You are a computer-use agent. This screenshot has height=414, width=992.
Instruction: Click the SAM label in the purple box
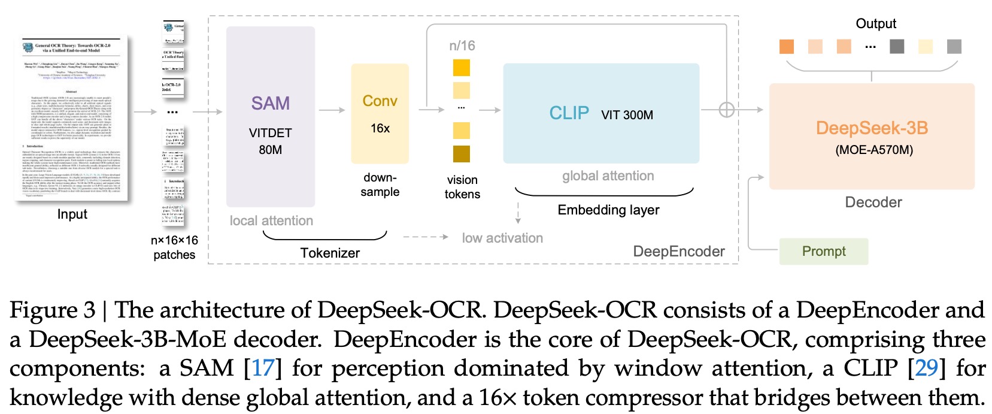pyautogui.click(x=270, y=103)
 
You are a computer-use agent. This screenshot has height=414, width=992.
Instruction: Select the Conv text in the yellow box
pyautogui.click(x=380, y=101)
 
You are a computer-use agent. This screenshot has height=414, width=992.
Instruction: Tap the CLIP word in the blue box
pyautogui.click(x=569, y=113)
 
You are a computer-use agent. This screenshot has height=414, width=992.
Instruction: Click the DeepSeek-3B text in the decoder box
pyautogui.click(x=872, y=128)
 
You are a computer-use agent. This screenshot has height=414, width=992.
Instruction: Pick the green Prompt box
pyautogui.click(x=823, y=252)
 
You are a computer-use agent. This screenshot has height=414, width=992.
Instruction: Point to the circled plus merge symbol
pyautogui.click(x=726, y=110)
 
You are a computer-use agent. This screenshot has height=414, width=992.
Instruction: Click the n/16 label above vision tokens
pyautogui.click(x=462, y=46)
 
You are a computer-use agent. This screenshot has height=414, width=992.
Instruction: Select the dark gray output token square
pyautogui.click(x=896, y=46)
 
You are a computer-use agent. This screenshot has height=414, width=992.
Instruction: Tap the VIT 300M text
pyautogui.click(x=627, y=115)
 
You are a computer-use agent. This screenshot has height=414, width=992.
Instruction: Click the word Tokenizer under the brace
pyautogui.click(x=330, y=253)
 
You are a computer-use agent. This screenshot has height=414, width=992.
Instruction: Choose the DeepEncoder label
pyautogui.click(x=679, y=252)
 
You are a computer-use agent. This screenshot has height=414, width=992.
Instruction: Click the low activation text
pyautogui.click(x=502, y=238)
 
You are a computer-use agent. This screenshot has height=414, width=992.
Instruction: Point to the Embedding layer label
pyautogui.click(x=608, y=210)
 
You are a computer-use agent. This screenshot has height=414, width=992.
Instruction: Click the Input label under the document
pyautogui.click(x=72, y=214)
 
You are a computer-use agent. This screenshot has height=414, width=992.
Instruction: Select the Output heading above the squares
pyautogui.click(x=875, y=23)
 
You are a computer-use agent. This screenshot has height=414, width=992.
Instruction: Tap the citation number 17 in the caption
pyautogui.click(x=263, y=368)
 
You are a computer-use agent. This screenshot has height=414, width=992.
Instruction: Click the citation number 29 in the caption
pyautogui.click(x=926, y=368)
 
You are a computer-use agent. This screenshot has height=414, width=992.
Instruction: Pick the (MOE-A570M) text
pyautogui.click(x=874, y=150)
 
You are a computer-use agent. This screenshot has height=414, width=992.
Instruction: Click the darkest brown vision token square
pyautogui.click(x=462, y=154)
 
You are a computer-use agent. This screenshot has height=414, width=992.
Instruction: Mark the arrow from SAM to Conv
pyautogui.click(x=332, y=110)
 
